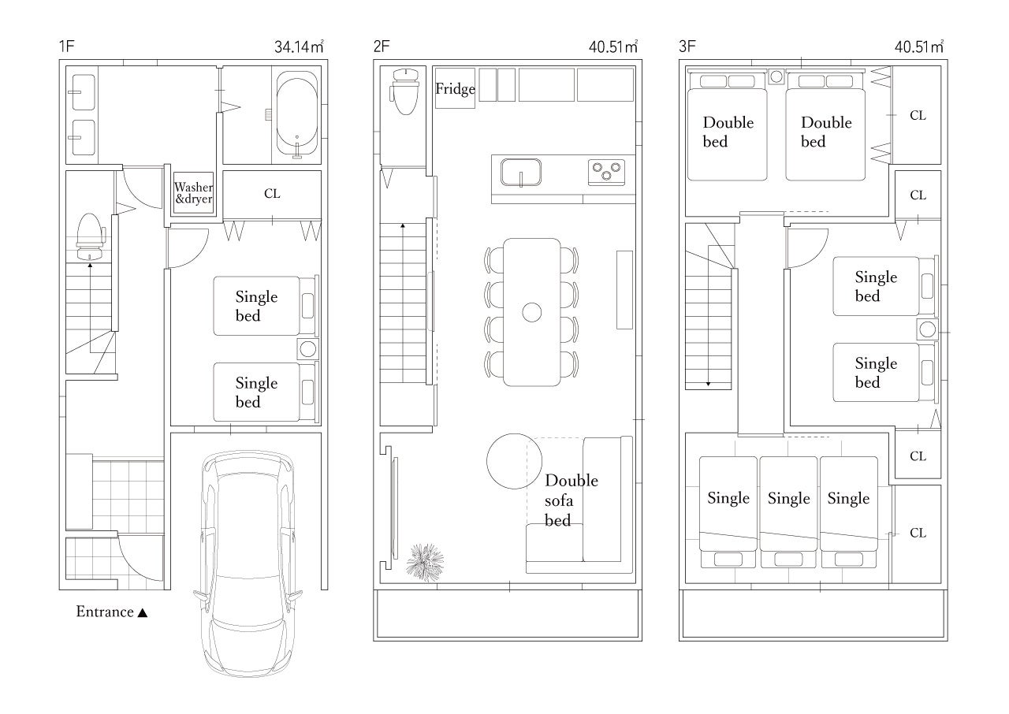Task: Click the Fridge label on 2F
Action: (455, 89)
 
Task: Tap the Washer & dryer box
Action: (194, 192)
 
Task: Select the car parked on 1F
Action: (248, 563)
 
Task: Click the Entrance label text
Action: (105, 612)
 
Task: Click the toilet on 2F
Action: (405, 91)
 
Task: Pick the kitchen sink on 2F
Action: (521, 172)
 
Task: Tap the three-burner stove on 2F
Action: (606, 172)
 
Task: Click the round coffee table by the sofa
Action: (514, 461)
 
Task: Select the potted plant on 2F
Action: (425, 562)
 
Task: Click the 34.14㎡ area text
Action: (299, 46)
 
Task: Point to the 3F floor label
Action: (687, 46)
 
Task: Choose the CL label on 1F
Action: (272, 194)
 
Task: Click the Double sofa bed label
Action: (572, 500)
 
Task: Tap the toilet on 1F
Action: (91, 236)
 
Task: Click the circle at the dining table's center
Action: (531, 312)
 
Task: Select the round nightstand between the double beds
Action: (776, 76)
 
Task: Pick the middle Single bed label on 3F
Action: (789, 498)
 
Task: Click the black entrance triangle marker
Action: (143, 612)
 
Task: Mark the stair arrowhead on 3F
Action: (708, 384)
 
